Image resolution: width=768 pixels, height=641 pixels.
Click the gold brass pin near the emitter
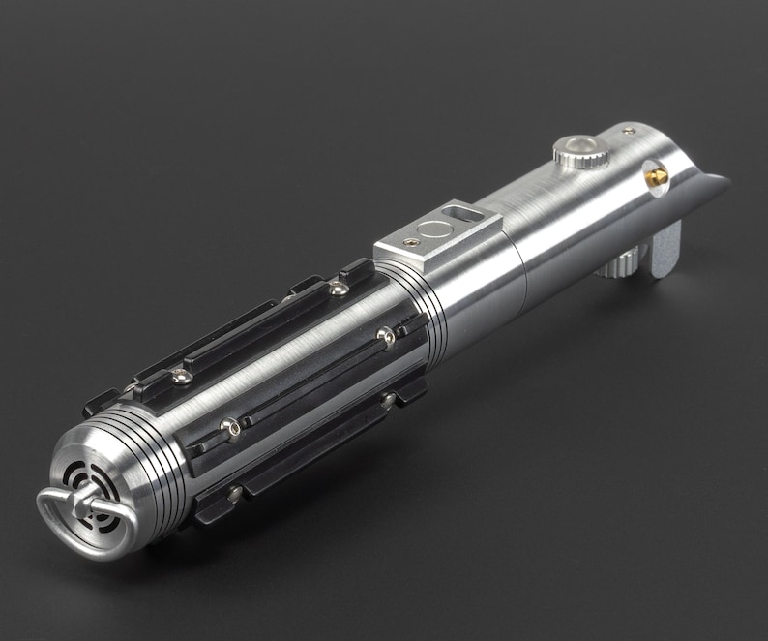[x=657, y=176]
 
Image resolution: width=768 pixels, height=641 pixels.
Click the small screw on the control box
[x=413, y=243]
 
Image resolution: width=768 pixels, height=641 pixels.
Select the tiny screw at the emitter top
[x=629, y=131]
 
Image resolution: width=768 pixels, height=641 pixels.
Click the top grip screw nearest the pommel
[x=180, y=377]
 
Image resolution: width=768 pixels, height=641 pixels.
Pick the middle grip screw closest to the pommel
[x=229, y=426]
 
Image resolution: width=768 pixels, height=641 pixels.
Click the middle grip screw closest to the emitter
[x=385, y=336]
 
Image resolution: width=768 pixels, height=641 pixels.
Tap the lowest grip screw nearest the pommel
[x=234, y=493]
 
